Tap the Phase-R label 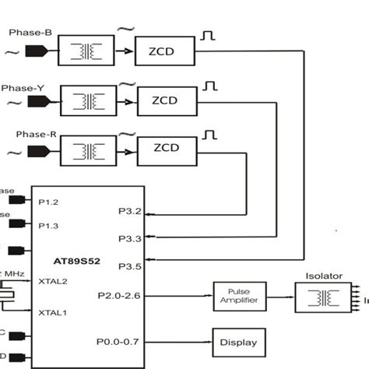(36, 134)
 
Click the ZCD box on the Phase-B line (164, 51)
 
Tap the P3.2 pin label (129, 211)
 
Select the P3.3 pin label (129, 237)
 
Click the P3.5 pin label (129, 266)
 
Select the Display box (238, 341)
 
